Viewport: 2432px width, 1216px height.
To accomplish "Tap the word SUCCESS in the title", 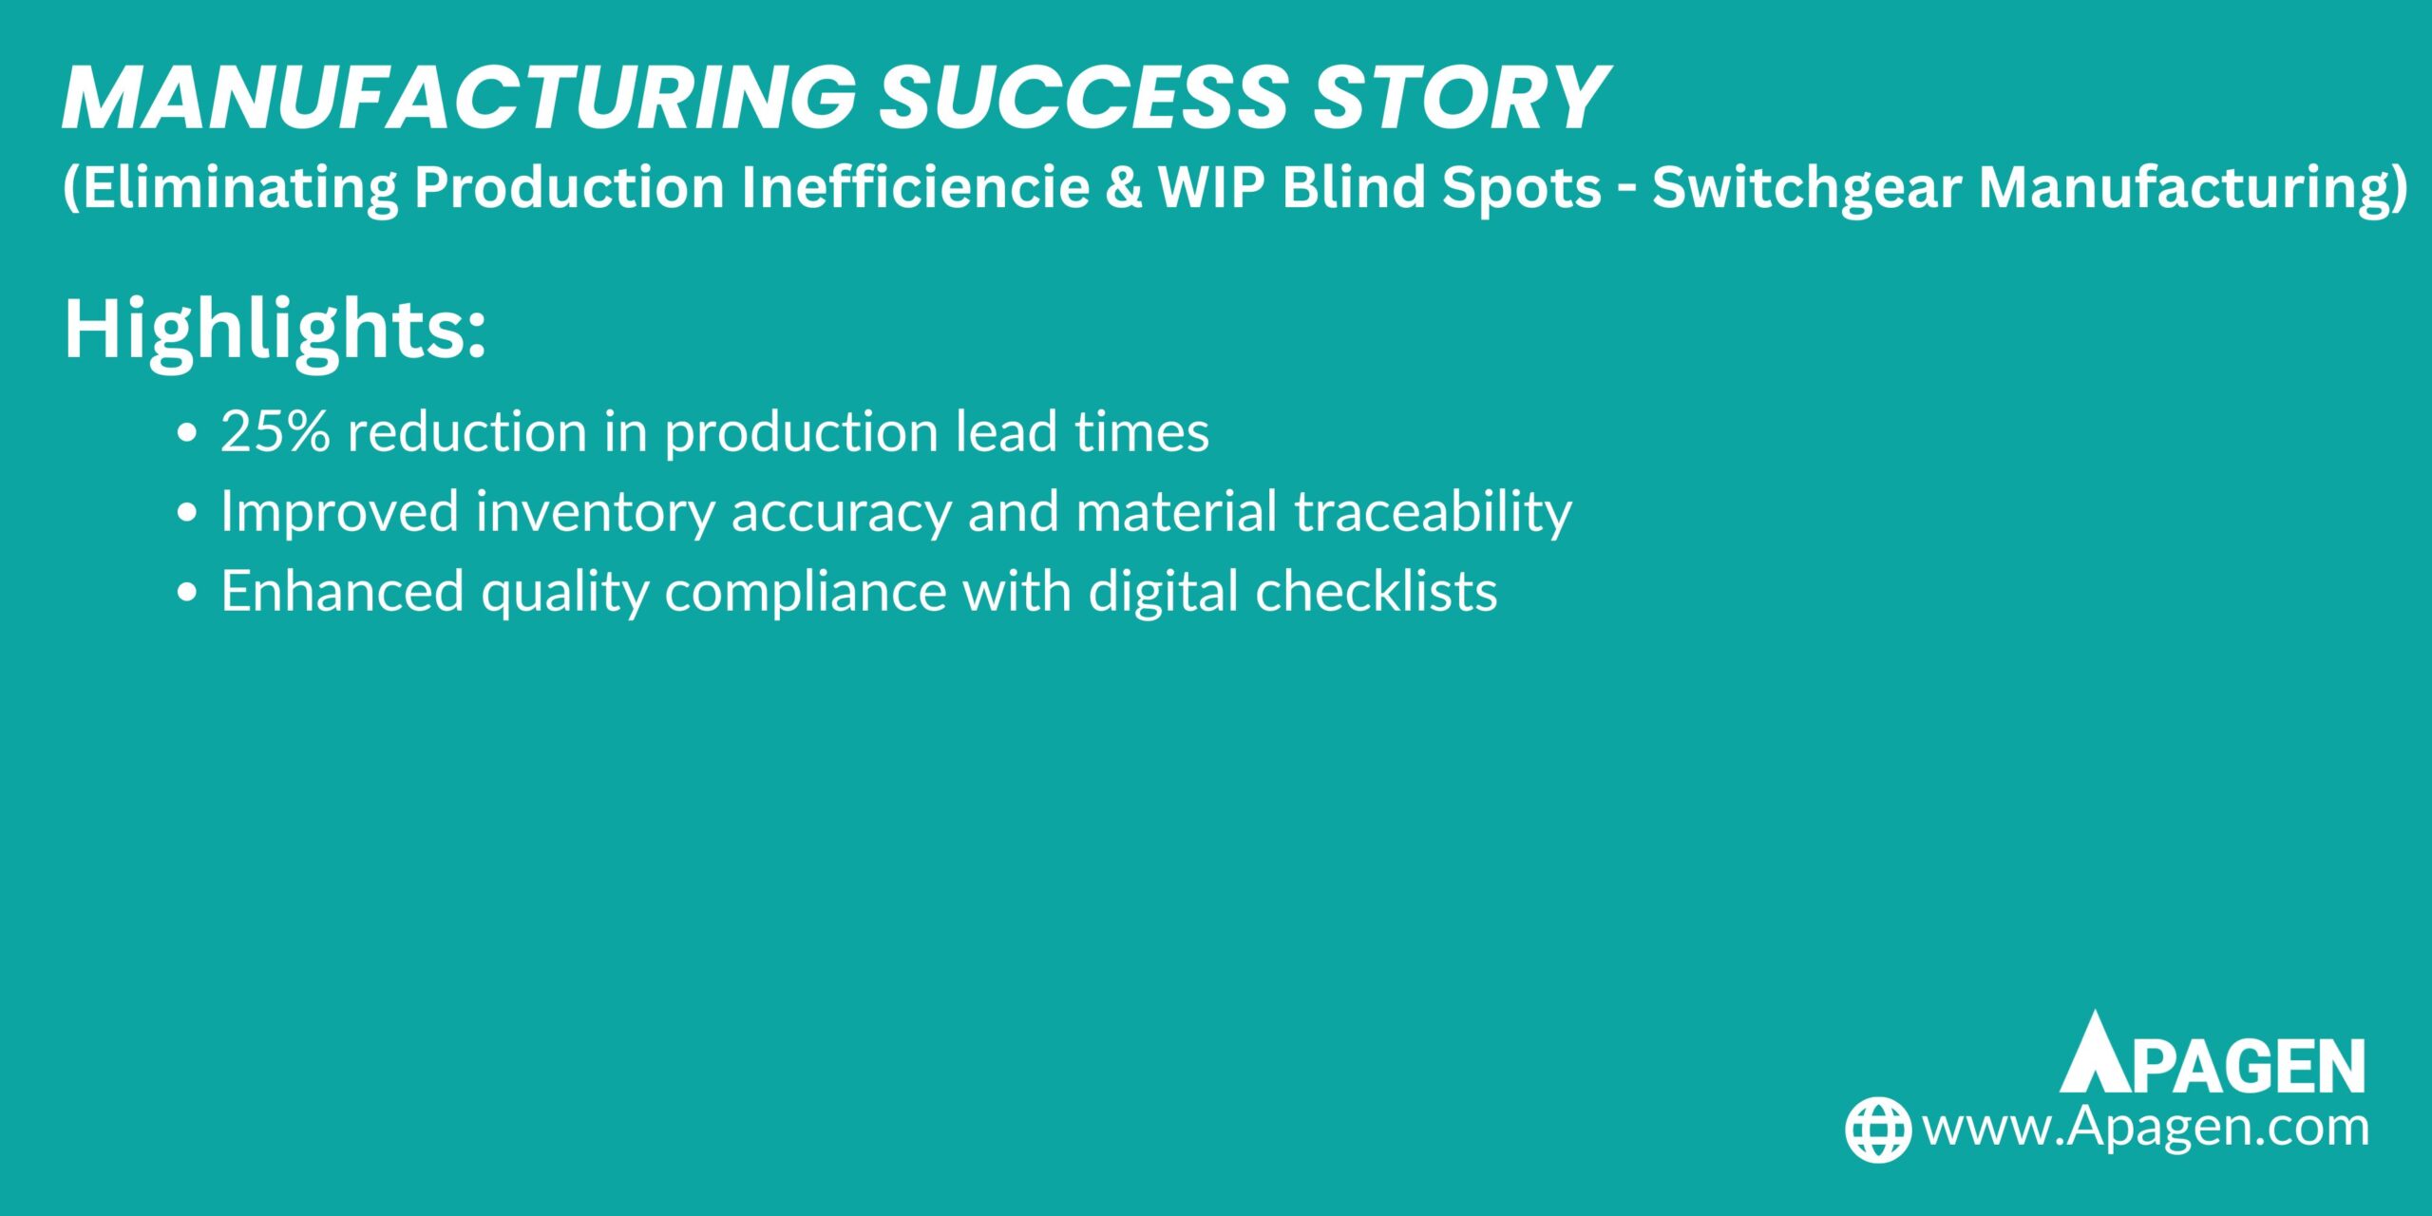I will tap(1083, 98).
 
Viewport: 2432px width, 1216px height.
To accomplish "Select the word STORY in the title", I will tap(1459, 98).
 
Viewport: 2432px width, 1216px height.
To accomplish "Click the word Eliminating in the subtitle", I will tap(234, 187).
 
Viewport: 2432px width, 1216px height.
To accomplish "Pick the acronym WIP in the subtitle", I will tap(1210, 187).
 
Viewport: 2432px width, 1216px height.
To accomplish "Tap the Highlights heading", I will tap(275, 330).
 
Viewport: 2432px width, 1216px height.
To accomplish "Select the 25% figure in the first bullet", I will tap(275, 431).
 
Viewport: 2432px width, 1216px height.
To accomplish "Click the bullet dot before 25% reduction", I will tap(187, 433).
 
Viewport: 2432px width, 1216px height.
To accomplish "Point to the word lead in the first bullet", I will tap(1006, 431).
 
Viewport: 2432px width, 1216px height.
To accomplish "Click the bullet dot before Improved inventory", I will tap(187, 513).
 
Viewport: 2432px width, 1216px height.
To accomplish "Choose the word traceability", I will tap(1433, 513).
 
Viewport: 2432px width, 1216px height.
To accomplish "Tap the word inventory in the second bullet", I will tap(595, 513).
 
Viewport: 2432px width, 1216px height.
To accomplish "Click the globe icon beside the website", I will tap(1877, 1130).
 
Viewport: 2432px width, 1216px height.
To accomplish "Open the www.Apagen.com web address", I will tap(2145, 1128).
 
